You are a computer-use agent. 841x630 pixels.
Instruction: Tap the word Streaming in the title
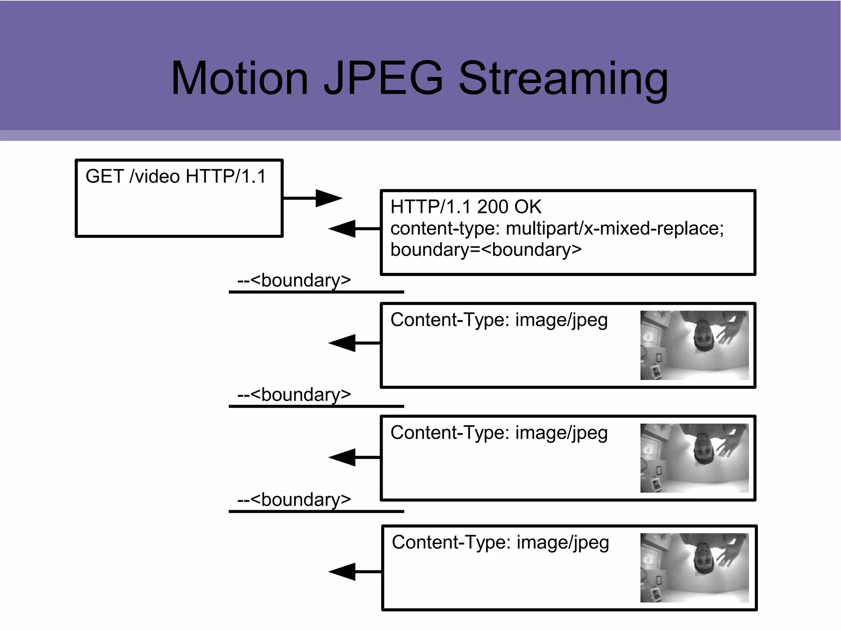[563, 80]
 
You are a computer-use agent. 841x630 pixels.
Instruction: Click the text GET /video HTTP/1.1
[176, 176]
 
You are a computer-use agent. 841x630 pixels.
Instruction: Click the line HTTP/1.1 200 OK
[466, 207]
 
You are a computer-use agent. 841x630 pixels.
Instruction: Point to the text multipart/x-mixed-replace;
[615, 229]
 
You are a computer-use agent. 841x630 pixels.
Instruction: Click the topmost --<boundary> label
[294, 281]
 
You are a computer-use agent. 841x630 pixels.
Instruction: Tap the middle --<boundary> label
[294, 395]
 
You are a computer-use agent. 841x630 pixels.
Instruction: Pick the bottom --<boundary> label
[294, 500]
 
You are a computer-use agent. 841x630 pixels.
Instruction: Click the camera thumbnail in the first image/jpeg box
[694, 345]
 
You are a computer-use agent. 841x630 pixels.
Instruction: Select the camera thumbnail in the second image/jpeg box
[694, 458]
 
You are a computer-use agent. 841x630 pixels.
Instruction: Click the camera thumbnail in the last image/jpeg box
[694, 568]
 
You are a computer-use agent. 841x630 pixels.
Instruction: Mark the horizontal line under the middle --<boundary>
[316, 406]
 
